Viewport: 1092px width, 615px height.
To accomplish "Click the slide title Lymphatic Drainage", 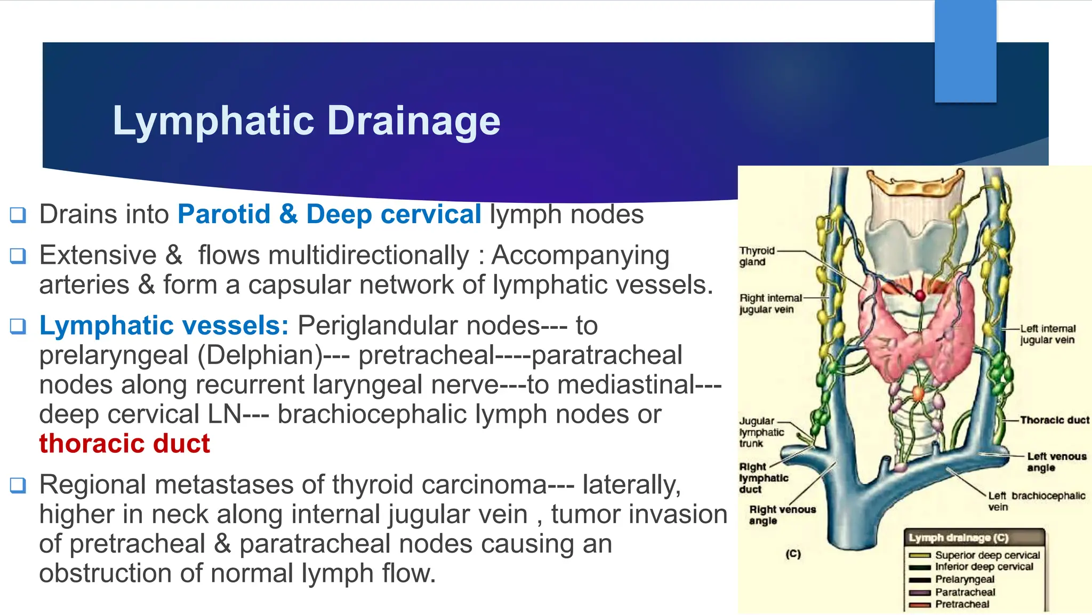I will [x=306, y=121].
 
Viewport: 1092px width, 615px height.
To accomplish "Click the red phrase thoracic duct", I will [x=125, y=444].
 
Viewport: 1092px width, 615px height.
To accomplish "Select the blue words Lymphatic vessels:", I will [x=164, y=326].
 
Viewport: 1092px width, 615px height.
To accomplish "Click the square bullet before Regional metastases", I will [x=18, y=485].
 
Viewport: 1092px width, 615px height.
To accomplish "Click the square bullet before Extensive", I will [x=18, y=256].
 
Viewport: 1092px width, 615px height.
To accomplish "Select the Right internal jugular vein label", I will [x=769, y=304].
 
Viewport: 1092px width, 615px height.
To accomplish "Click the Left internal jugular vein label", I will [x=1047, y=334].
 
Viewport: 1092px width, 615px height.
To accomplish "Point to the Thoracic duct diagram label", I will [x=1054, y=420].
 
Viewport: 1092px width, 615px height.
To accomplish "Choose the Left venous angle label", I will [x=1056, y=462].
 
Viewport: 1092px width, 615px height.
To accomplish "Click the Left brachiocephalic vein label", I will [x=1035, y=501].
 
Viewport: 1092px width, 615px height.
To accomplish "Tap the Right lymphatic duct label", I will [x=763, y=478].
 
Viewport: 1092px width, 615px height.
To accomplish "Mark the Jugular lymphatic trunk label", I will [x=761, y=432].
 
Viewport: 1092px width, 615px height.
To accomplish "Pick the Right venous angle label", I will [x=782, y=515].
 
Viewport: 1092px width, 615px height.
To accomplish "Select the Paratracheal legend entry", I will [x=965, y=592].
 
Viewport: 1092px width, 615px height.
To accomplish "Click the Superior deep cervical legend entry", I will [x=987, y=555].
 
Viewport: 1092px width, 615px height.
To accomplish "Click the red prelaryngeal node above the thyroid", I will [x=920, y=295].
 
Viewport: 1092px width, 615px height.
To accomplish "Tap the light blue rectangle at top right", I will [x=965, y=51].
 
